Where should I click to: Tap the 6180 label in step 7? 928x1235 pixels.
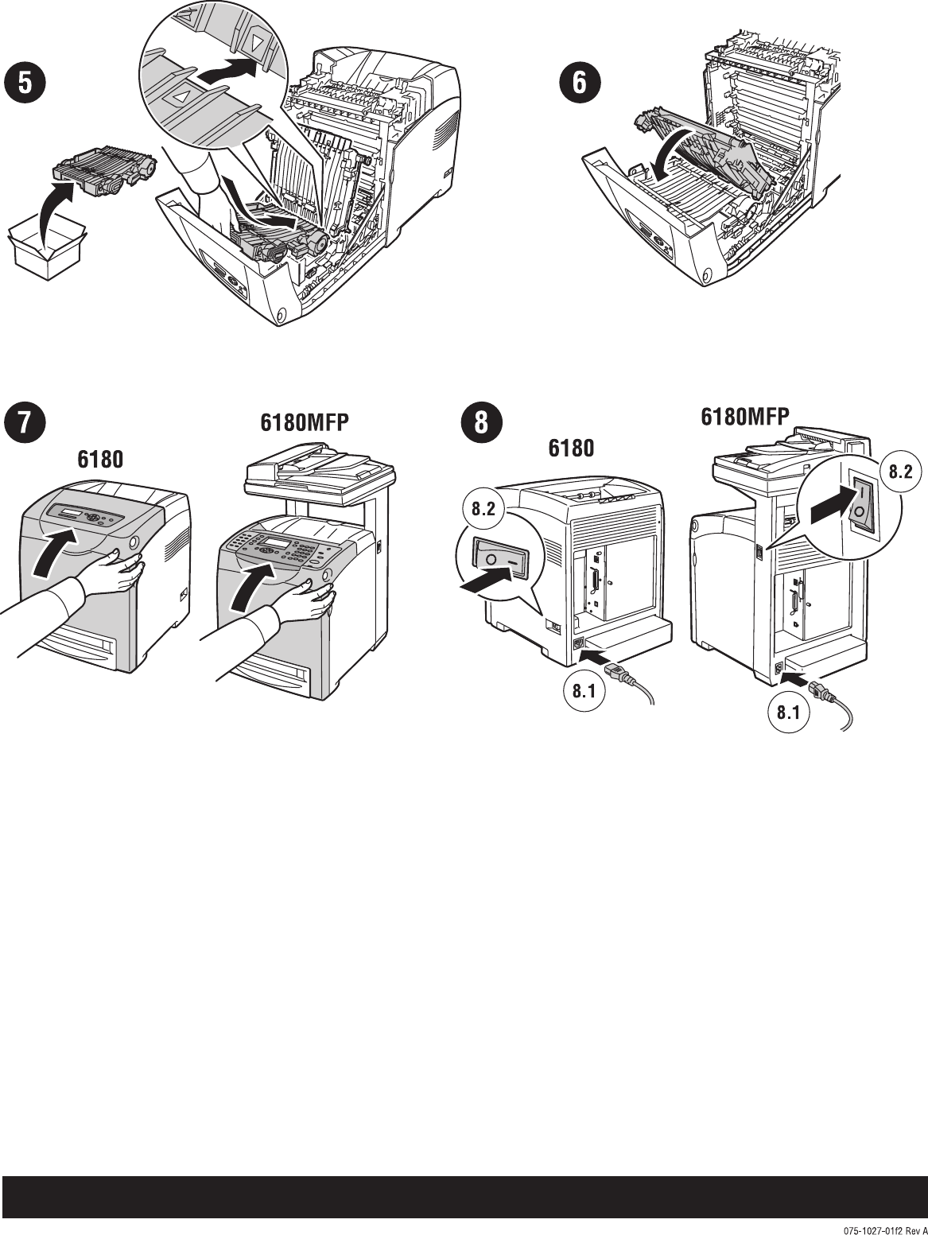tap(101, 460)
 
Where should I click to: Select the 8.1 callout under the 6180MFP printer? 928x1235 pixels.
tap(787, 713)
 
